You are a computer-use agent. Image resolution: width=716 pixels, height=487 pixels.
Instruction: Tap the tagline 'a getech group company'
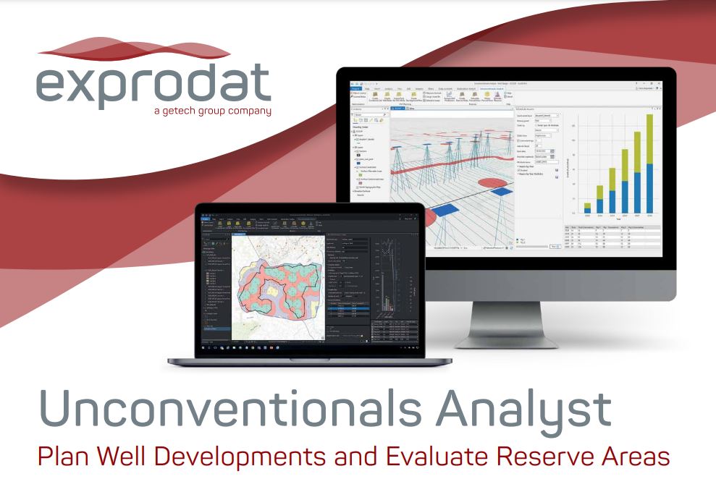point(212,111)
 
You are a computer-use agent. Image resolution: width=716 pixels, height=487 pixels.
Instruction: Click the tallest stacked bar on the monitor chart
point(649,167)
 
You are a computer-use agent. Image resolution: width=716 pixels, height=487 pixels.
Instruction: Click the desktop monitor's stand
point(507,326)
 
